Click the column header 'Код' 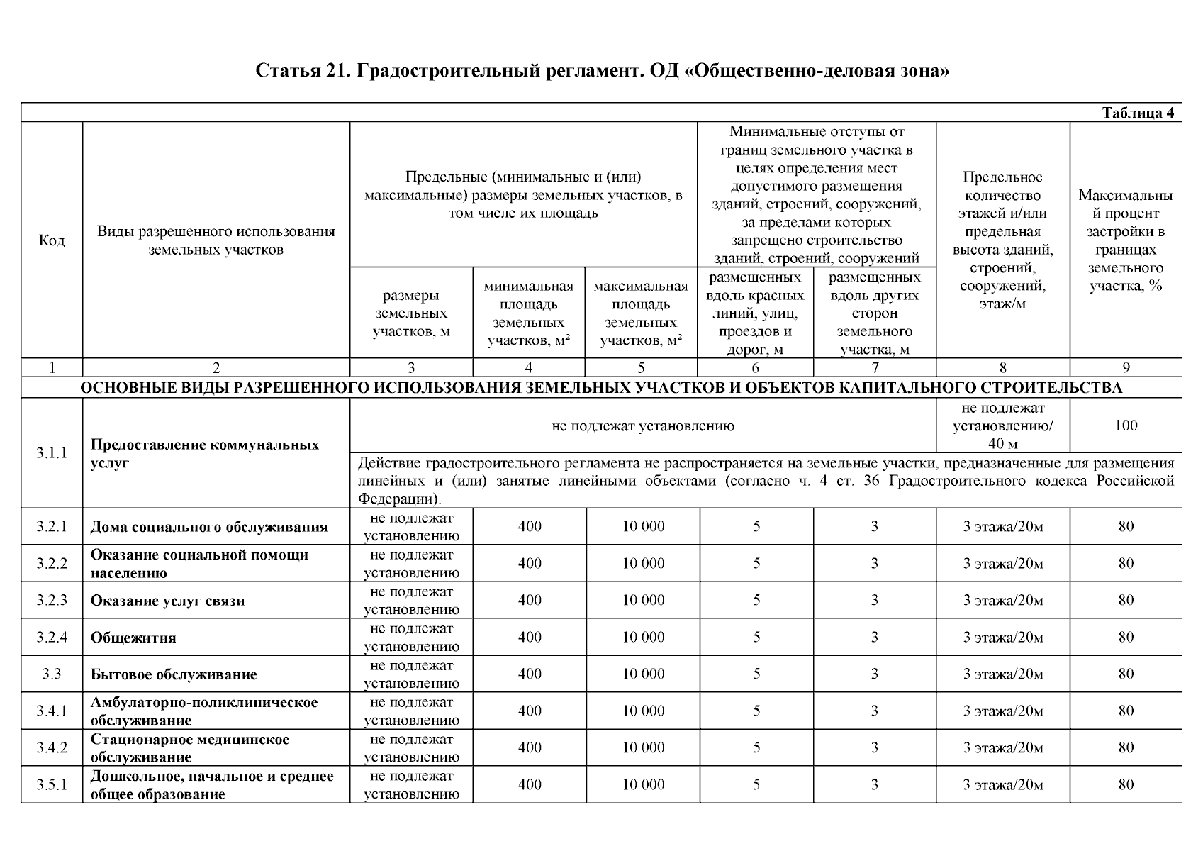click(51, 240)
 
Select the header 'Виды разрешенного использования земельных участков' click(216, 240)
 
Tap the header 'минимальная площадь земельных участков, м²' click(529, 313)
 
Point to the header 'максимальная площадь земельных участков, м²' click(641, 313)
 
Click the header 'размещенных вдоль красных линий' click(755, 313)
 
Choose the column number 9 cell click(1126, 367)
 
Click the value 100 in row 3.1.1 click(1126, 425)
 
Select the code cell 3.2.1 click(51, 526)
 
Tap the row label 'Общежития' click(133, 638)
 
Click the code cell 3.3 click(51, 674)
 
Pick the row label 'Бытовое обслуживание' click(174, 674)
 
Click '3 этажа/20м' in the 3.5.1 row click(1002, 784)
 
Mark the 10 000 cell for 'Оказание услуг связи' click(643, 600)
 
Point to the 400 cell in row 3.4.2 click(530, 747)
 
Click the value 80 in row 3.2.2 click(1126, 563)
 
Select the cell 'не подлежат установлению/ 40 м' click(1002, 425)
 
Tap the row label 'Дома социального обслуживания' click(209, 527)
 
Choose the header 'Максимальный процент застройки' click(1126, 240)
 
